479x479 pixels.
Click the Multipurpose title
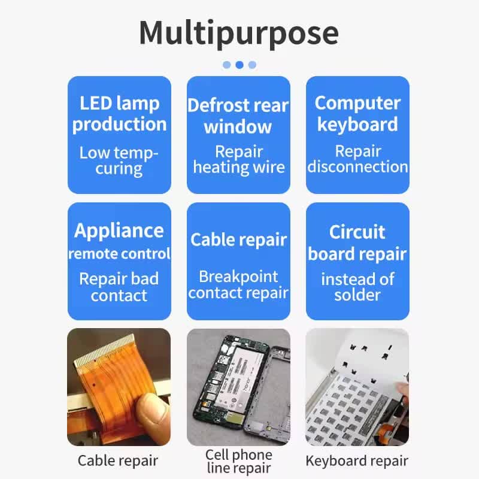click(x=239, y=33)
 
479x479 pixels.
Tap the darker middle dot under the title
click(x=239, y=65)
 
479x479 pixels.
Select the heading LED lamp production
click(x=119, y=114)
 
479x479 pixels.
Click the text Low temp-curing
click(x=119, y=160)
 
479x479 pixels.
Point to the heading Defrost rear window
click(x=238, y=116)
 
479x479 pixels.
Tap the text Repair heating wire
click(x=239, y=159)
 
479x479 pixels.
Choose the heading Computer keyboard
click(x=357, y=113)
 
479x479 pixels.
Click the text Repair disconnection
click(x=357, y=159)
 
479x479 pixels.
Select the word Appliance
click(x=119, y=231)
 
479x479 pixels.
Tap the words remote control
click(x=119, y=253)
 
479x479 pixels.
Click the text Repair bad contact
click(x=119, y=287)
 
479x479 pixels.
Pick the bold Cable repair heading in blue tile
click(x=238, y=240)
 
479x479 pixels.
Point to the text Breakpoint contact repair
click(x=238, y=285)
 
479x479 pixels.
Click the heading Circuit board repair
click(x=357, y=243)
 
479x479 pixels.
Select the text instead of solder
click(x=357, y=287)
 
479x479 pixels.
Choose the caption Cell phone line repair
click(x=239, y=461)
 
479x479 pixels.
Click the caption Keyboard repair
click(x=357, y=460)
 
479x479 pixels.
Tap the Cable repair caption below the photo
click(x=118, y=460)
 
